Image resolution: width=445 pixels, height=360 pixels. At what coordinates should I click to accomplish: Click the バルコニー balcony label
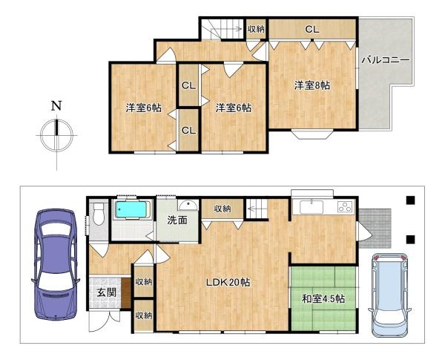click(386, 60)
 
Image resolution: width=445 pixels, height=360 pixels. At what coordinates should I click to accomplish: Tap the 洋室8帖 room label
click(312, 85)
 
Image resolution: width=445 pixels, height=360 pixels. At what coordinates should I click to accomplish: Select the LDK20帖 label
click(228, 282)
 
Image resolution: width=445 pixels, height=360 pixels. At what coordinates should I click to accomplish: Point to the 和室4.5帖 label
click(323, 299)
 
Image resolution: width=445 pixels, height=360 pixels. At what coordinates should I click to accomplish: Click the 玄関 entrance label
click(106, 292)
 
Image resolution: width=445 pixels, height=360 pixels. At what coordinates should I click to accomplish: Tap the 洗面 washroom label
click(177, 220)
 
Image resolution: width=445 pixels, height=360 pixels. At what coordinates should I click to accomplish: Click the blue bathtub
click(133, 210)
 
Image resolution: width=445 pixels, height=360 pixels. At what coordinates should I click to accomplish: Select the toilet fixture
click(98, 213)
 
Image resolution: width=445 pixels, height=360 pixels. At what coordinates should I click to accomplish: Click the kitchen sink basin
click(311, 206)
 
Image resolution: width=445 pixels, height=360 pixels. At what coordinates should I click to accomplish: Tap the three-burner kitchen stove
click(345, 207)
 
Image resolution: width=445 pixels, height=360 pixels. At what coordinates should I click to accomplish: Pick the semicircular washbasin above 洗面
click(188, 204)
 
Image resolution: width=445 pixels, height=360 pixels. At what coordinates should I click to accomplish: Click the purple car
click(56, 265)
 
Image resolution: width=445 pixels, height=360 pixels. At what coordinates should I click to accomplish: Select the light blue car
click(390, 295)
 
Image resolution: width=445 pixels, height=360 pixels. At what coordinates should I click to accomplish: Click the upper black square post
click(411, 200)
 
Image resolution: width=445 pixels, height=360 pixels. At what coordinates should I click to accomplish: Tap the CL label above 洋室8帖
click(312, 29)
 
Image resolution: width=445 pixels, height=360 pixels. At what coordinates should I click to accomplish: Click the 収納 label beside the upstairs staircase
click(256, 29)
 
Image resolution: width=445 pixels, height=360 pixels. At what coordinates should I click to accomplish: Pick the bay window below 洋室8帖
click(313, 134)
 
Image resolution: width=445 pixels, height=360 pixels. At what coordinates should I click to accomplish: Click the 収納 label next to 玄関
click(144, 282)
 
